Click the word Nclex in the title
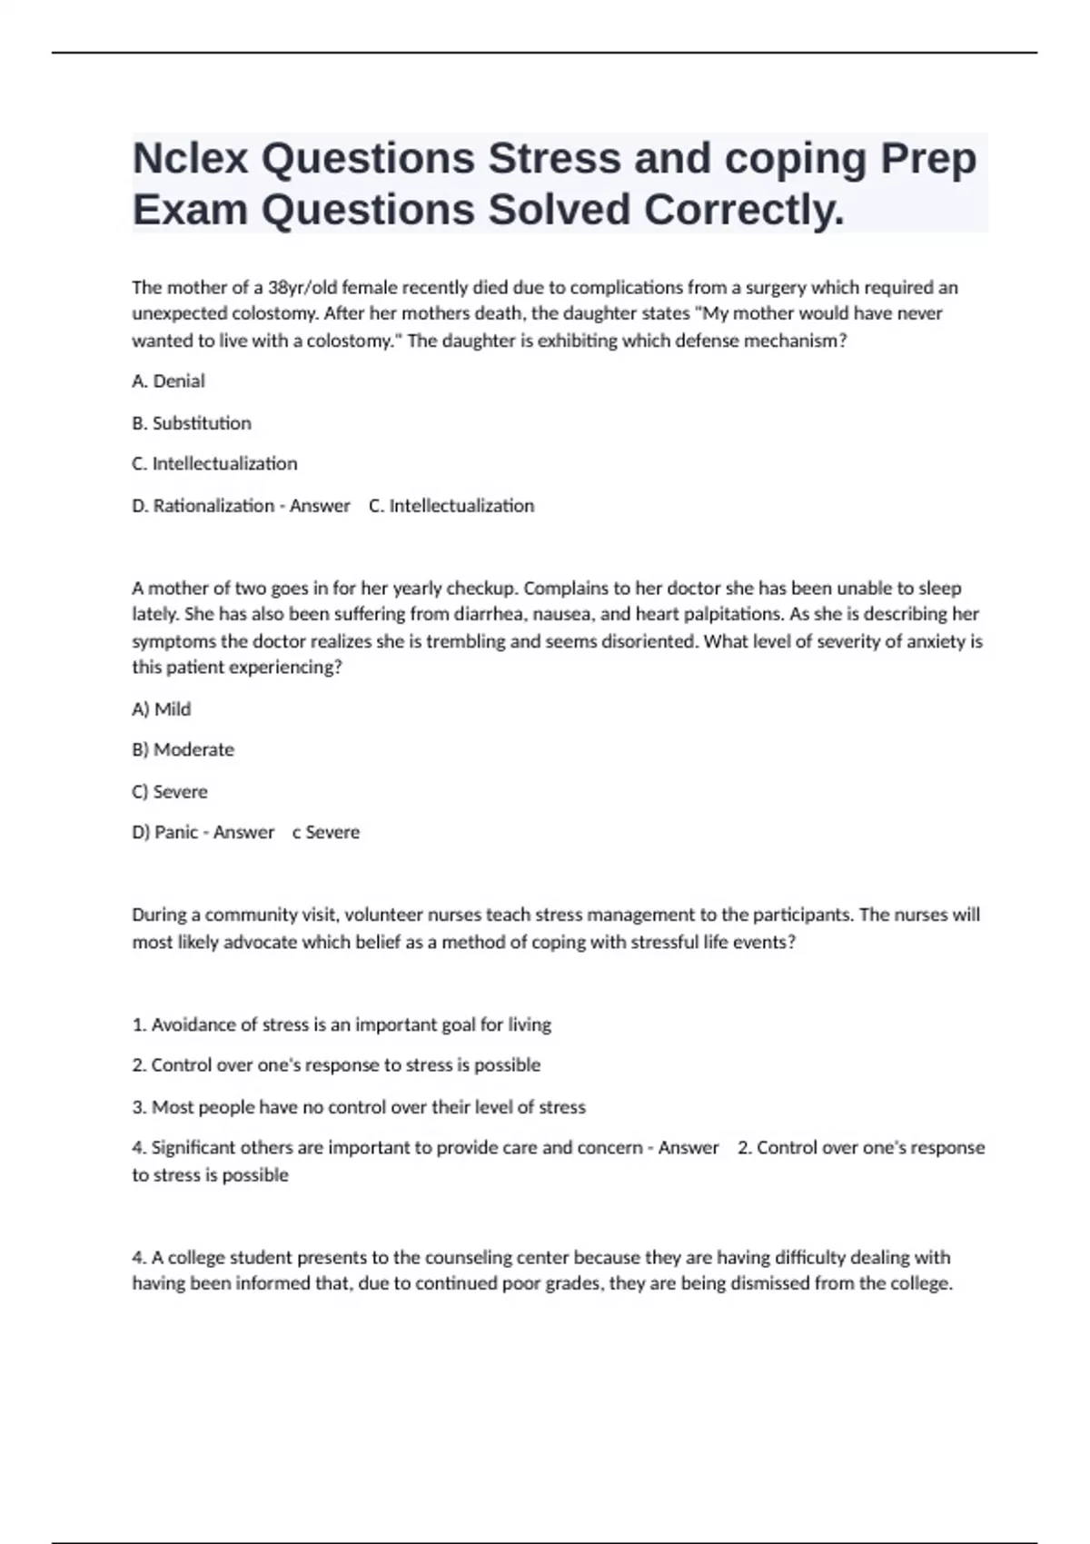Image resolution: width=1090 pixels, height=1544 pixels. tap(190, 159)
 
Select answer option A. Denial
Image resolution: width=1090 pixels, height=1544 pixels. tap(168, 381)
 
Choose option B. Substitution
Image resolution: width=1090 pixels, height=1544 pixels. tap(191, 423)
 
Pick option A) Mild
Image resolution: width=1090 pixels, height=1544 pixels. tap(161, 709)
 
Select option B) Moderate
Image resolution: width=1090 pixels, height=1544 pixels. tap(183, 750)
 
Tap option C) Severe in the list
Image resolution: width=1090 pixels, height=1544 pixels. tap(169, 792)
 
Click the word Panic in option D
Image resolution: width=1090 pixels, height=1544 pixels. tap(176, 833)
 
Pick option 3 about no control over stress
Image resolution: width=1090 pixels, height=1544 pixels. tap(358, 1107)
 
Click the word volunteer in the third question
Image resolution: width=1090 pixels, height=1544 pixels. tap(384, 915)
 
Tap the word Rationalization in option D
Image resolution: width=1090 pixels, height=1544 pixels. tap(213, 506)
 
